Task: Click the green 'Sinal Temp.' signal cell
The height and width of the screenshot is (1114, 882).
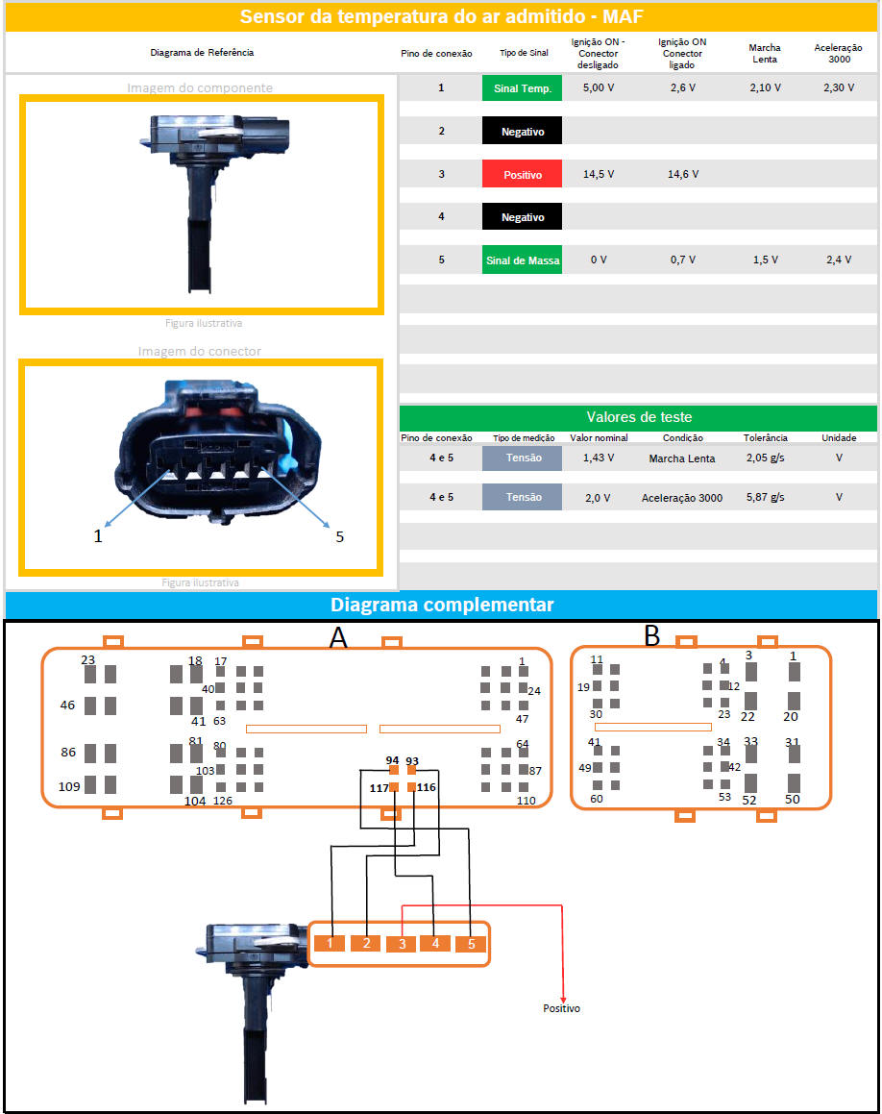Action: [522, 88]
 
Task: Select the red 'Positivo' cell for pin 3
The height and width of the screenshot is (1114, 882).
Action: [522, 174]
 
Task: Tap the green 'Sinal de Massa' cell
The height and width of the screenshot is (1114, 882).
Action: [522, 260]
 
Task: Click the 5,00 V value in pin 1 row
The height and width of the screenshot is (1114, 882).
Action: [598, 88]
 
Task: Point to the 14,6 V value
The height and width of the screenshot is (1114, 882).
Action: [682, 174]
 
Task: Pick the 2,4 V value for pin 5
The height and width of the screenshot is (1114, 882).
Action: [838, 260]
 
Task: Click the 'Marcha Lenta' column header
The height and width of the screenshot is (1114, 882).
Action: [764, 53]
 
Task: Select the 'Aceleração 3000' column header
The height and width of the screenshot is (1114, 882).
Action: [838, 53]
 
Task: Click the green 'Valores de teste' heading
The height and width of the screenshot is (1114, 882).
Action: [638, 417]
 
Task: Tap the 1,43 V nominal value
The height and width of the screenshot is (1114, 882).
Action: [598, 458]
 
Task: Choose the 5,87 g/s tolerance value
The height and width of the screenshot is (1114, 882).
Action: [765, 497]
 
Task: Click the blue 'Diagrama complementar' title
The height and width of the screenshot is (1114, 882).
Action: [442, 605]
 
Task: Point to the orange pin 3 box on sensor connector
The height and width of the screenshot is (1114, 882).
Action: [402, 944]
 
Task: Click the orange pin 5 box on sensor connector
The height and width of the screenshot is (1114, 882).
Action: [471, 944]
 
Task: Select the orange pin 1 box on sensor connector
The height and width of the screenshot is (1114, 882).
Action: [330, 944]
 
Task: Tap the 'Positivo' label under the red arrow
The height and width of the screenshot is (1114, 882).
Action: [561, 1008]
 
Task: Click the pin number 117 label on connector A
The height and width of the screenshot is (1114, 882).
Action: [379, 788]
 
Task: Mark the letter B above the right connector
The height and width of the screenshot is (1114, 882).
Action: [652, 636]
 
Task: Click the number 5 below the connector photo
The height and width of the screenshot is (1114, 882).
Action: [339, 537]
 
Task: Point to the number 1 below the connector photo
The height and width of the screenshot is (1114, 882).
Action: [98, 536]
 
